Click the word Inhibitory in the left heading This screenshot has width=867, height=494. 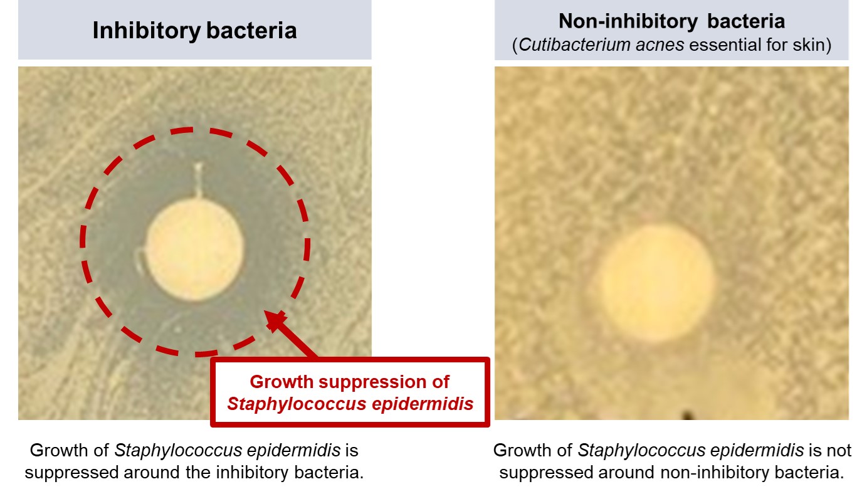coord(147,31)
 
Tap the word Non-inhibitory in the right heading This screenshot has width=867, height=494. coord(628,21)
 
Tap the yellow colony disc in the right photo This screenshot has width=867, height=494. coord(656,283)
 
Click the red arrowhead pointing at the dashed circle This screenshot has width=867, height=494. coord(276,320)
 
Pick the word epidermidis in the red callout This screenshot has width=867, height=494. coord(423,404)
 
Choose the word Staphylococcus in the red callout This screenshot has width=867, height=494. coord(297,404)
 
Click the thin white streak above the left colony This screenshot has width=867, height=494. coord(199,180)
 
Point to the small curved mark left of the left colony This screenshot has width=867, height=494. coord(140,261)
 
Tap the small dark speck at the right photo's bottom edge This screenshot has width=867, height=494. coord(687,416)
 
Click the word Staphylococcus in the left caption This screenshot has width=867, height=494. coord(179,451)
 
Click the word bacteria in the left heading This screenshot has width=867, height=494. coord(251,31)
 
